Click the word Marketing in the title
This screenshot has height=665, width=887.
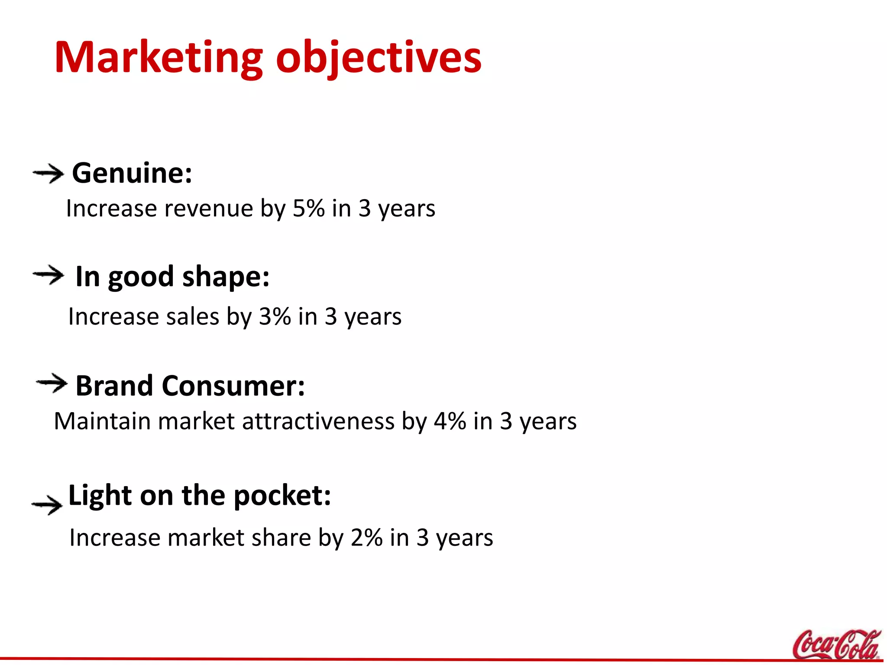[159, 58]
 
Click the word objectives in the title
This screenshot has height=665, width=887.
[379, 58]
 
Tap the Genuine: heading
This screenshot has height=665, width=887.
[132, 173]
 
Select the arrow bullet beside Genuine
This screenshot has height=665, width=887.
[48, 174]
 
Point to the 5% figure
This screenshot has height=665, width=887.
[308, 209]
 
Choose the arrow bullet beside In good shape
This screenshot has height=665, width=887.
[48, 275]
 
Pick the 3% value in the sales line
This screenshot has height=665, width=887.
[275, 316]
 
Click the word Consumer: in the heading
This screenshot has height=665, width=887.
[233, 385]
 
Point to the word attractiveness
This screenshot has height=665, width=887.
[318, 421]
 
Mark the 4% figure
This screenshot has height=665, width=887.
[450, 421]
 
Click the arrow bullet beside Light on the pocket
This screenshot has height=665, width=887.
[47, 505]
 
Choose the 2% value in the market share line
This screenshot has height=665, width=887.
[366, 538]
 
